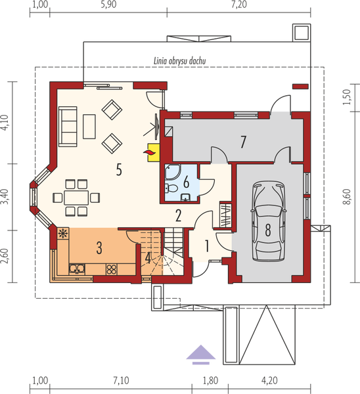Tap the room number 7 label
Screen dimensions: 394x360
coord(242,141)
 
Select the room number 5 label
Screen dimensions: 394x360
coord(119,169)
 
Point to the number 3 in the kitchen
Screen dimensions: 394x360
coord(99,248)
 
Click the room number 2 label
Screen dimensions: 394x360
coord(178,214)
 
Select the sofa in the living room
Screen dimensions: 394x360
coord(67,127)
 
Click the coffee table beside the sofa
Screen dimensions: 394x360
coord(89,127)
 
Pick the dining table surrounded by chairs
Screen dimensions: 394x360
coord(77,196)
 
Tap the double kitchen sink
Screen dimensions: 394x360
coord(77,267)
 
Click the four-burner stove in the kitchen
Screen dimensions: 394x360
coord(110,268)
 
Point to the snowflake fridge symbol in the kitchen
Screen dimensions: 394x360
coord(63,234)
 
